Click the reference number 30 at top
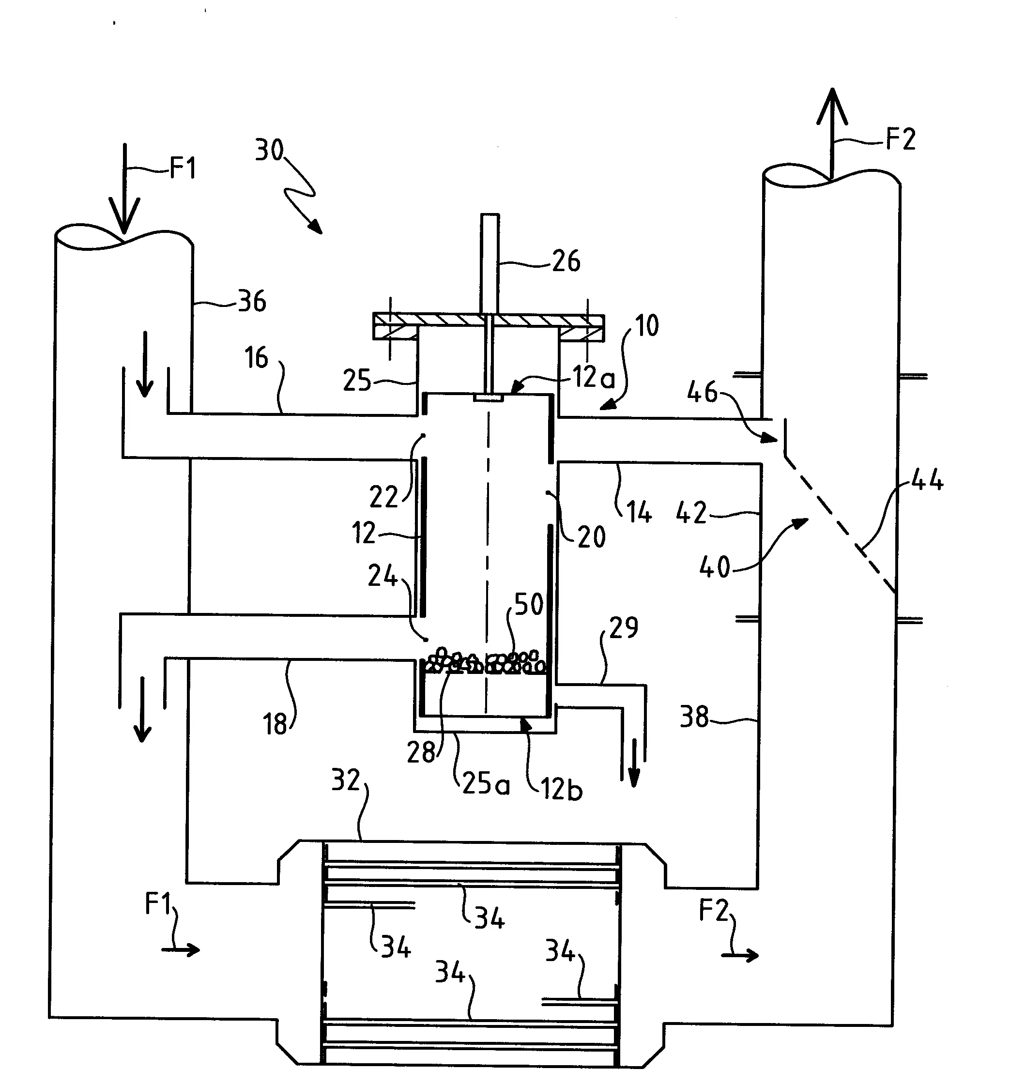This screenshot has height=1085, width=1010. tap(269, 150)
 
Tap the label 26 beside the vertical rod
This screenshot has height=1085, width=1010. tap(566, 261)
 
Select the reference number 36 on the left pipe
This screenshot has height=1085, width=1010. tap(252, 301)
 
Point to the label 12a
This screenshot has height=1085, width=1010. tap(594, 377)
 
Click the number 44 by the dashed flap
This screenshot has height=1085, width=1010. tap(928, 480)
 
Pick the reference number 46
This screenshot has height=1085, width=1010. tap(702, 392)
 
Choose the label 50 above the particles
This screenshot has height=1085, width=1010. tap(528, 604)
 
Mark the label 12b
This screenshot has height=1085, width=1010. tap(562, 789)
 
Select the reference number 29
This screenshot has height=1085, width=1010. tap(624, 627)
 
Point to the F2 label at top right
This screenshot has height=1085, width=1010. tap(900, 138)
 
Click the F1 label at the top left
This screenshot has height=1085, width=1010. tap(183, 168)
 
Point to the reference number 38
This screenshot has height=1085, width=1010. tap(694, 717)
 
